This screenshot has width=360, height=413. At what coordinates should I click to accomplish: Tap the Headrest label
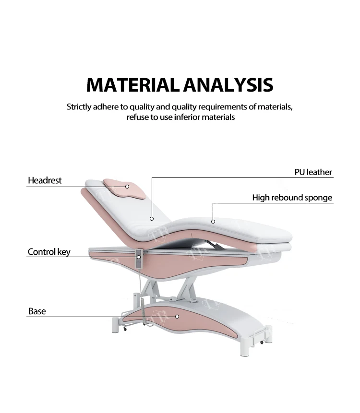(45, 180)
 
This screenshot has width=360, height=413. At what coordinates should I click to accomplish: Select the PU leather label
(313, 172)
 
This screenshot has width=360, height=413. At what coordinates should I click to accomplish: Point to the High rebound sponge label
(292, 198)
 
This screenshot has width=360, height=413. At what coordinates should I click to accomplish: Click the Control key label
(49, 252)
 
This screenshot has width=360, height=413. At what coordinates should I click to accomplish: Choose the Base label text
(37, 311)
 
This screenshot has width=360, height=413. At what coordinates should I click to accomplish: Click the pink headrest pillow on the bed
(126, 189)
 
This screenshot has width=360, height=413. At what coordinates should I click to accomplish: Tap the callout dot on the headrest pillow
(128, 186)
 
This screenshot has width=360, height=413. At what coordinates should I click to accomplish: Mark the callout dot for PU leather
(152, 219)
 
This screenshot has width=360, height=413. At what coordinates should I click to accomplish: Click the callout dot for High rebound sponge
(213, 221)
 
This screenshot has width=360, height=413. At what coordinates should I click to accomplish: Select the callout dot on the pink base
(177, 317)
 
